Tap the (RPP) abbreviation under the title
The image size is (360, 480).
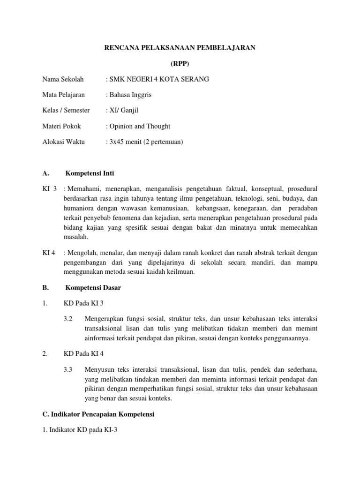click(180, 64)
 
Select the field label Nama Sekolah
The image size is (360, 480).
click(63, 79)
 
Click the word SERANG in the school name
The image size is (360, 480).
click(195, 79)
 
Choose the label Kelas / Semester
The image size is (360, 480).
click(66, 110)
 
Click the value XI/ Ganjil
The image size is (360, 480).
click(124, 110)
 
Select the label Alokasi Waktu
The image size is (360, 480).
click(63, 142)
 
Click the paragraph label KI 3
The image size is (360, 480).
click(49, 188)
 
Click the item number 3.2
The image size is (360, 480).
click(68, 319)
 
